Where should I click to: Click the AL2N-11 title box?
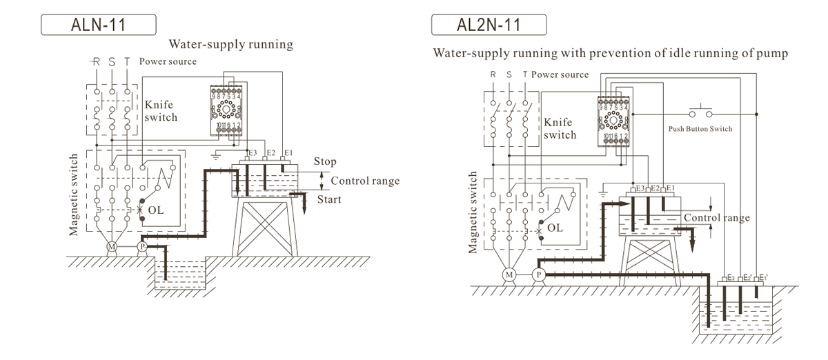pos(489,25)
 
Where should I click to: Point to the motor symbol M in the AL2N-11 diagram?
pos(509,274)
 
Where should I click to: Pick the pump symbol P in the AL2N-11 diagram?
pos(540,274)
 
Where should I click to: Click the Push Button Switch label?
pos(700,129)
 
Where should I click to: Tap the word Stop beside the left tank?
pos(325,161)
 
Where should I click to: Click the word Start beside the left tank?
pos(329,200)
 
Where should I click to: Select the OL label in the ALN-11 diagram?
pos(156,209)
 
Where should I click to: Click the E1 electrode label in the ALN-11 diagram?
pos(288,152)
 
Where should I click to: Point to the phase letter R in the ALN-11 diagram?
pos(96,61)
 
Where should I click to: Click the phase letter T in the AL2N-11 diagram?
pos(525,74)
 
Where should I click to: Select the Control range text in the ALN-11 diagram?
pos(365,181)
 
